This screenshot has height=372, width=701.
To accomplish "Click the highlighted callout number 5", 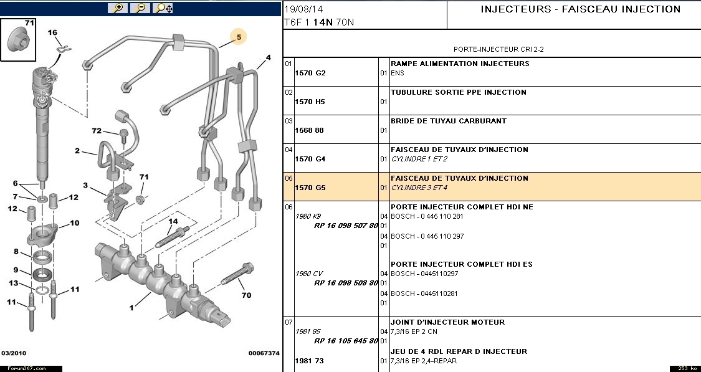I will point(238,37).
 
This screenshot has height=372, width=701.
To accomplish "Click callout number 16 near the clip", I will point(52,32).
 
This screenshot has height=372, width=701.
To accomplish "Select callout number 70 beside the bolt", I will point(246,295).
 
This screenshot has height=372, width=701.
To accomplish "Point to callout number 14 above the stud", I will point(173,221).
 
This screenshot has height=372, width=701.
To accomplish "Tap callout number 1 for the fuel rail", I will point(132,307).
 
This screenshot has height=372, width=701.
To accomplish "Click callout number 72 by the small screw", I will point(97,131).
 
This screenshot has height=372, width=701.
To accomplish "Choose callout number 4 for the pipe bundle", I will point(268,58).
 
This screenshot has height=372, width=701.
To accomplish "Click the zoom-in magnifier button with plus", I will point(117,8).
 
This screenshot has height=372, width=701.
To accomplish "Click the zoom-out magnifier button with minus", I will point(141,8).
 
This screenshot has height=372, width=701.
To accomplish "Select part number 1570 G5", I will point(310,188).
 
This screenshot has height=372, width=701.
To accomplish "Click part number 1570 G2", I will point(310,73).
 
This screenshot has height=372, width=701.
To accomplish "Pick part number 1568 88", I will point(310,130).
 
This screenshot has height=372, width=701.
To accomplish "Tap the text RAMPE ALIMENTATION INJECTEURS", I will point(460,64).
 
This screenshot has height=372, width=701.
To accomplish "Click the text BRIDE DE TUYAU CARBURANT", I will point(449,121).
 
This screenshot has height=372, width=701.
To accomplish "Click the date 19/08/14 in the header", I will point(302,9).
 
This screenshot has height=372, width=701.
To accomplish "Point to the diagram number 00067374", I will point(264,353).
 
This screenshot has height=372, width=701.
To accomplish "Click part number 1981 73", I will point(310,361).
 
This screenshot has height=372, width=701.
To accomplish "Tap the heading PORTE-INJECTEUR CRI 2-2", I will point(492,49).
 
